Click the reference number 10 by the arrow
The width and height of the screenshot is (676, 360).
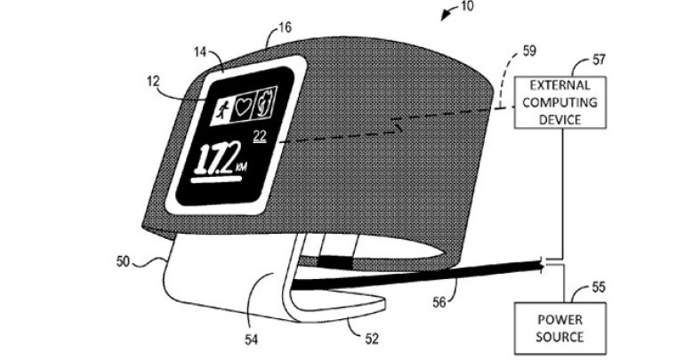coord(467,5)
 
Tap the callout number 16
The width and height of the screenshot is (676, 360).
coord(285,28)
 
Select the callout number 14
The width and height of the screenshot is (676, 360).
coord(201,52)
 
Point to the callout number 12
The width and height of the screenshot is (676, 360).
coord(153,81)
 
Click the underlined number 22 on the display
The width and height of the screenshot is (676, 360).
coord(260,137)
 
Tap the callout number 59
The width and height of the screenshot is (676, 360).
coord(529,51)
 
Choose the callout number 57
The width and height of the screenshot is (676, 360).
coord(599,60)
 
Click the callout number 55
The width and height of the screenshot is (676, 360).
coord(599,287)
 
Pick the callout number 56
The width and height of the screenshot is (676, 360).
coord(439,302)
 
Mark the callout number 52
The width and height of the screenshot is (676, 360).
coord(372,339)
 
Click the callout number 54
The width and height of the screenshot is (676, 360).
coord(252,340)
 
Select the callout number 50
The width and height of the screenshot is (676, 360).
coord(123,261)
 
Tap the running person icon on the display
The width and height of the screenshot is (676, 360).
coord(221,110)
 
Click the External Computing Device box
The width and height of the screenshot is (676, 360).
coord(560,102)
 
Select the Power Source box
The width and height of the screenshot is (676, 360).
coord(560,328)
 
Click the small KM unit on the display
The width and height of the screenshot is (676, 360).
coord(241,167)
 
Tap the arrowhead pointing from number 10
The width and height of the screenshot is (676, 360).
coord(444,16)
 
